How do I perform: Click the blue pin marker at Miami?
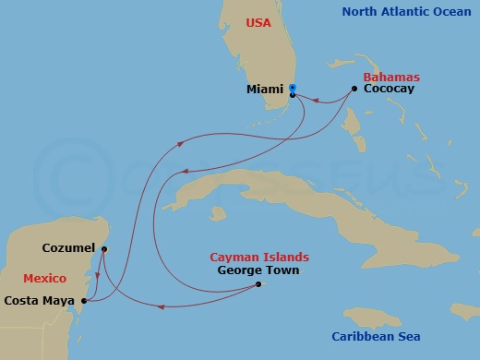point(292,89)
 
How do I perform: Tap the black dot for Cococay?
point(354,90)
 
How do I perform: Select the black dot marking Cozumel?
point(103,248)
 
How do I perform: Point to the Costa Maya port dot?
point(84,300)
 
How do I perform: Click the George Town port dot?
point(258,284)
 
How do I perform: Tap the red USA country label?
point(258,22)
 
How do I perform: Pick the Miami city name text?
point(265,90)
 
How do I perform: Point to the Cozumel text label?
point(68,248)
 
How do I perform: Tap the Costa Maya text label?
point(40,300)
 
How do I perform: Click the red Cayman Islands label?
point(259,257)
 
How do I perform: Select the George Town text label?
point(258,270)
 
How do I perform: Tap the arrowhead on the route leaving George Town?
point(162,306)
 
